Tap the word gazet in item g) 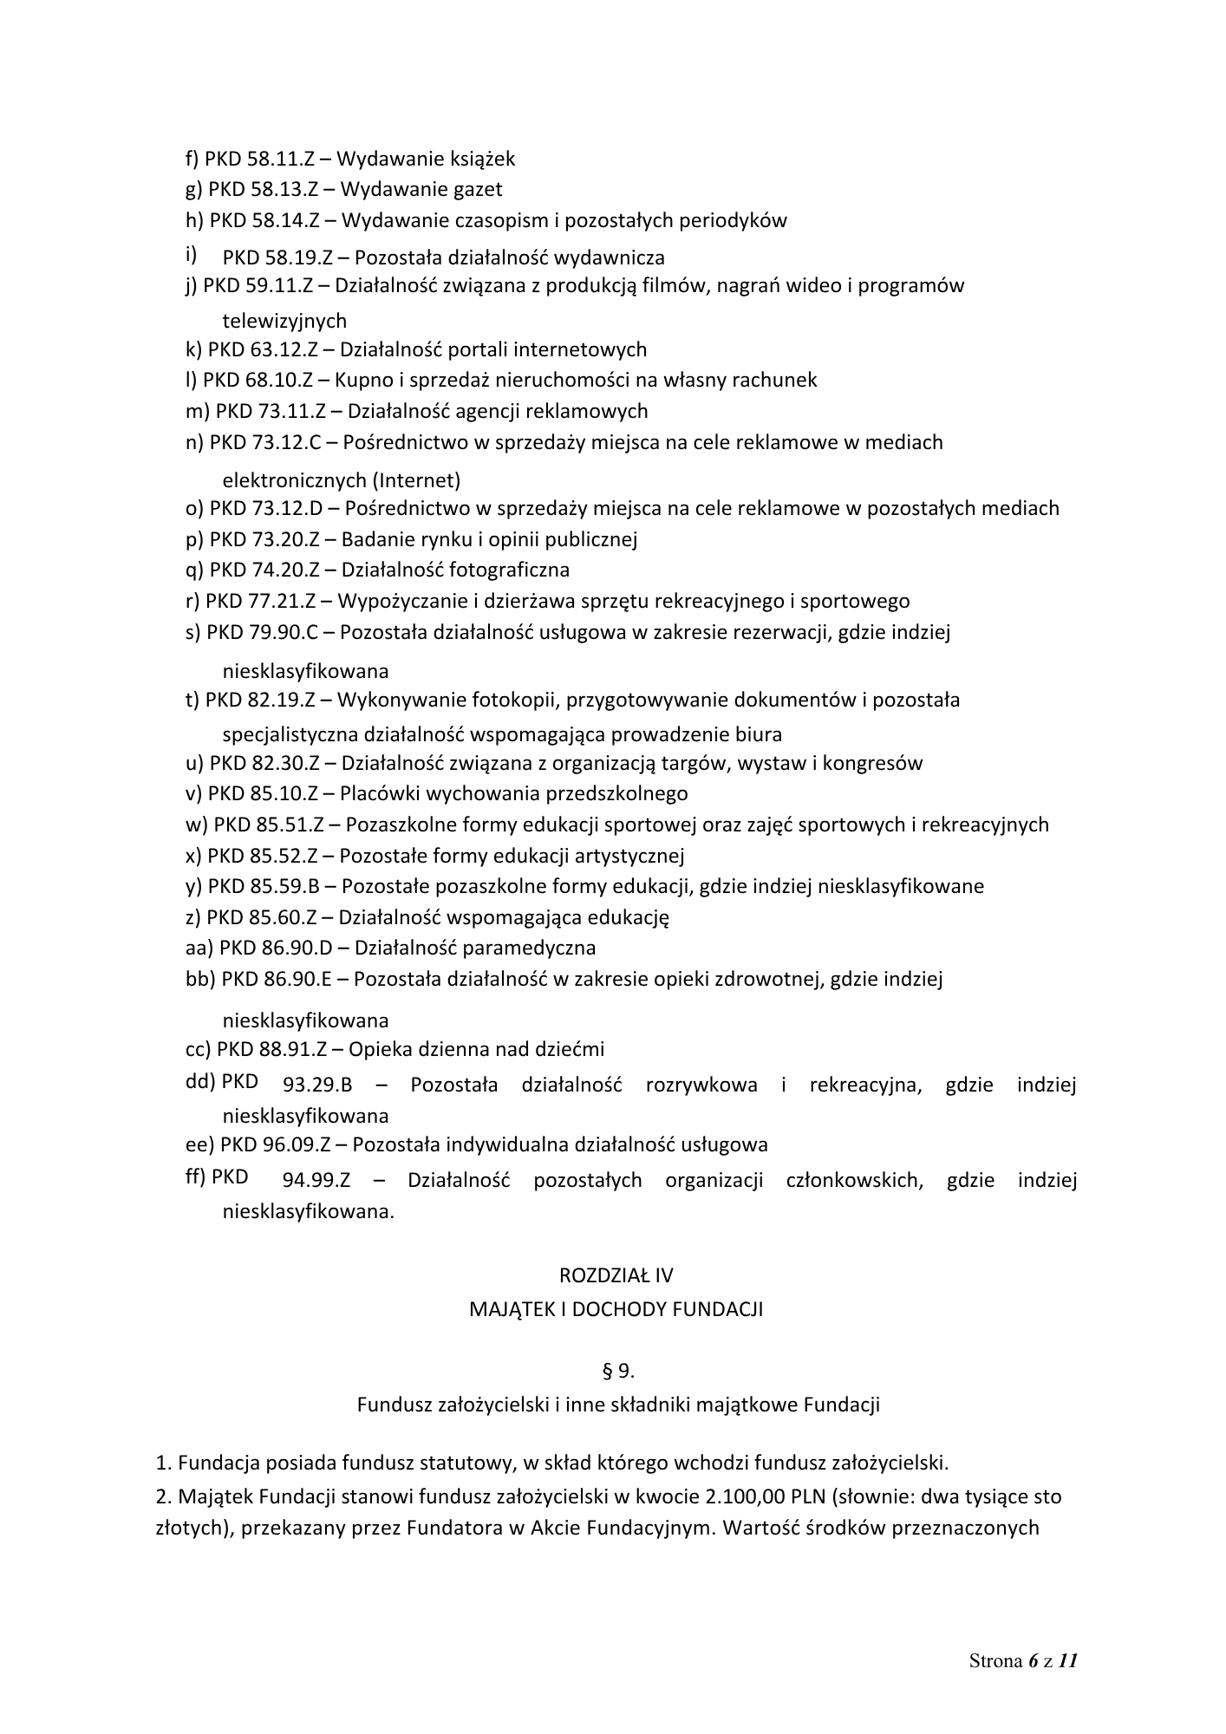click(x=476, y=189)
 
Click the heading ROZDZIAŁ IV click(x=616, y=1275)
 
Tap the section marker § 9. click(x=617, y=1371)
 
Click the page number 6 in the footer click(x=1033, y=1661)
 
